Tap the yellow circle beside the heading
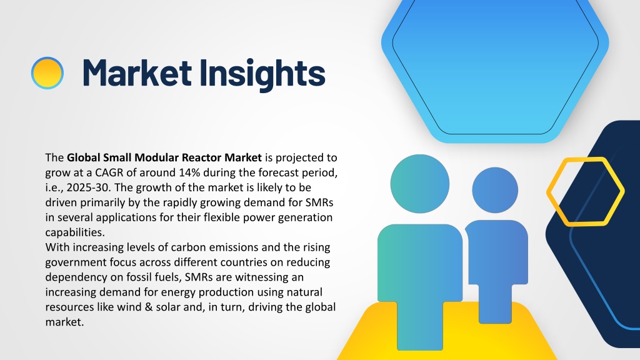pos(47,73)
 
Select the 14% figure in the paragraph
pos(189,172)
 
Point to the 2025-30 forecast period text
pos(89,187)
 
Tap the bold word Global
pos(83,157)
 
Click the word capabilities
pos(75,232)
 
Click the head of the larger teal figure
pos(419,184)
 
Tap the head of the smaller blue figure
pos(495,190)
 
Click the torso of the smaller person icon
pos(496,261)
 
